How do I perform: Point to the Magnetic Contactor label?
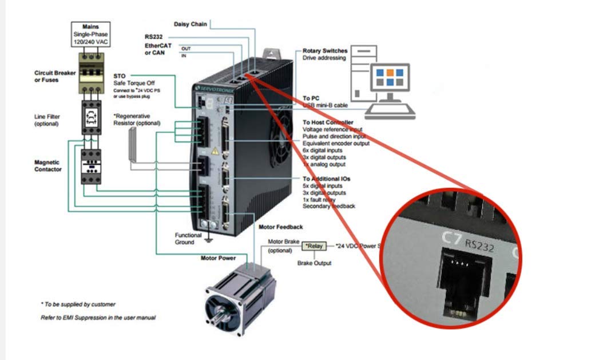pos(48,165)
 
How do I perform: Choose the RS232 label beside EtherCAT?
pos(154,37)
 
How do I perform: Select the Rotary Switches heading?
pos(325,51)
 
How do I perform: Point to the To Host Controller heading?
pos(328,122)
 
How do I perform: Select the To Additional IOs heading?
pos(327,179)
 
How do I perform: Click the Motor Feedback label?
pos(281,227)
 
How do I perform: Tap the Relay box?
pos(314,246)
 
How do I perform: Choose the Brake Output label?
pos(314,263)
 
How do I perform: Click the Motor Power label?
pos(218,258)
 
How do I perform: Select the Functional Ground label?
pos(188,239)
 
